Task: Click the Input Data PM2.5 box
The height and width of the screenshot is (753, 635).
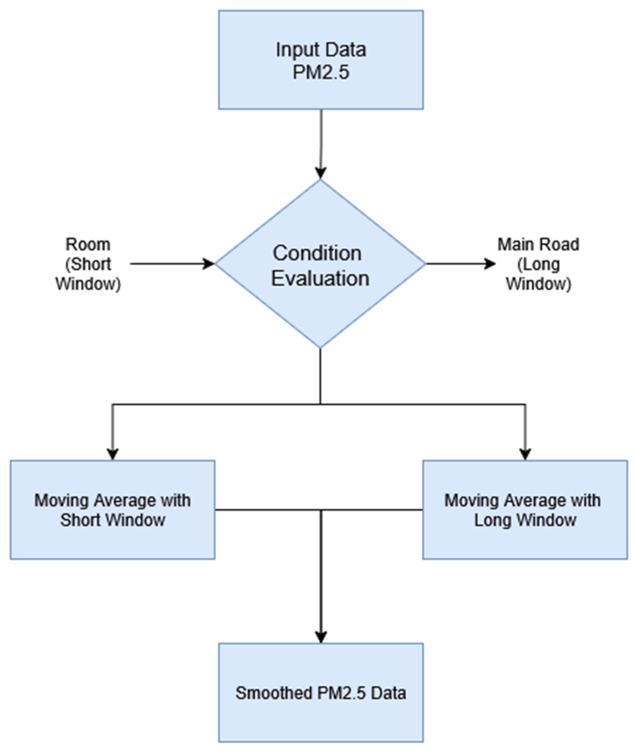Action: point(321,60)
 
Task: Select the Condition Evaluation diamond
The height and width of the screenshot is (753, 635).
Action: point(320,264)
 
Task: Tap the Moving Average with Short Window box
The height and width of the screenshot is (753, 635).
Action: point(112,510)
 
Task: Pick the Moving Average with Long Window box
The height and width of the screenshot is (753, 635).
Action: point(525,510)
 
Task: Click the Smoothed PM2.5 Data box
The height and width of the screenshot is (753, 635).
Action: point(321,693)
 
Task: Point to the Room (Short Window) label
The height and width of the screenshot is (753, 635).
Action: point(88,264)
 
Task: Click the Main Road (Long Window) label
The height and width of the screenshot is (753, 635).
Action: point(538,264)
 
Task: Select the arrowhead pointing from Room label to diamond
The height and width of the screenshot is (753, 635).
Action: point(209,264)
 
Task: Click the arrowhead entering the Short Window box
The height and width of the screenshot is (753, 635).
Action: point(113,454)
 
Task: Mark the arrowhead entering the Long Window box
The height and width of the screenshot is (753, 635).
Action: point(526,454)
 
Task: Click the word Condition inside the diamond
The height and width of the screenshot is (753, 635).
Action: point(317,253)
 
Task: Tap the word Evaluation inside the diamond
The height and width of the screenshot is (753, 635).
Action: point(320,278)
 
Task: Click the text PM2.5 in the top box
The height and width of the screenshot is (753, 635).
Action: point(321,72)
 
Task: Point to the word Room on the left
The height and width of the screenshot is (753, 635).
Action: point(88,245)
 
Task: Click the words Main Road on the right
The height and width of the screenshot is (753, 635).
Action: point(538,245)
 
